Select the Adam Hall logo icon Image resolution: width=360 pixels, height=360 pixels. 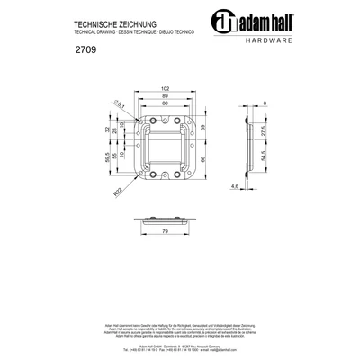(x=223, y=23)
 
